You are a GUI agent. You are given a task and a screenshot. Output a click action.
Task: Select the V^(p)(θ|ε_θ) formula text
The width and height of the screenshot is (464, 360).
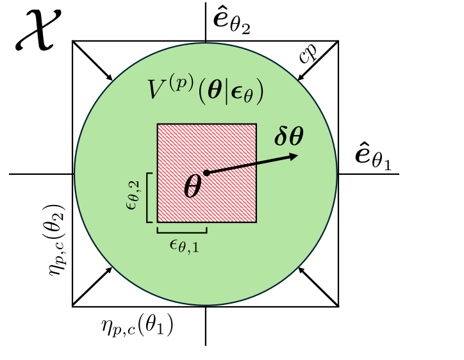click(206, 92)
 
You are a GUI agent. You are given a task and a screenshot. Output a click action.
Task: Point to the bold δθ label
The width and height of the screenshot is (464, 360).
click(289, 136)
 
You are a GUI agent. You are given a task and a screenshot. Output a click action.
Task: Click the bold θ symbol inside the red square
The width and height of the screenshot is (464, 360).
click(193, 186)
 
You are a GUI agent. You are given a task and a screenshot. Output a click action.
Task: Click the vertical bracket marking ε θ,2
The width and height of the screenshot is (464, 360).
click(148, 197)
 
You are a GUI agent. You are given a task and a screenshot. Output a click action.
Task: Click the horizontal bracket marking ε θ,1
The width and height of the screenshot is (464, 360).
click(182, 230)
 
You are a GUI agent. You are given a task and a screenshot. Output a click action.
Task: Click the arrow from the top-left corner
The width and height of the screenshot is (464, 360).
click(93, 61)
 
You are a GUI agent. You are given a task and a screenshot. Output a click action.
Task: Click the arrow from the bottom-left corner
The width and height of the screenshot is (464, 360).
click(93, 286)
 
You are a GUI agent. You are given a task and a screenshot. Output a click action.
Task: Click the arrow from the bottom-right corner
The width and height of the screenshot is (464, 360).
click(319, 286)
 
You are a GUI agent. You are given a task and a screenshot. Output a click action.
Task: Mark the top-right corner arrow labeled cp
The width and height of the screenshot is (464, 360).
click(319, 61)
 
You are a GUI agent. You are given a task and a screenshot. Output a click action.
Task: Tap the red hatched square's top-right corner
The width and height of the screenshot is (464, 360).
click(256, 124)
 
